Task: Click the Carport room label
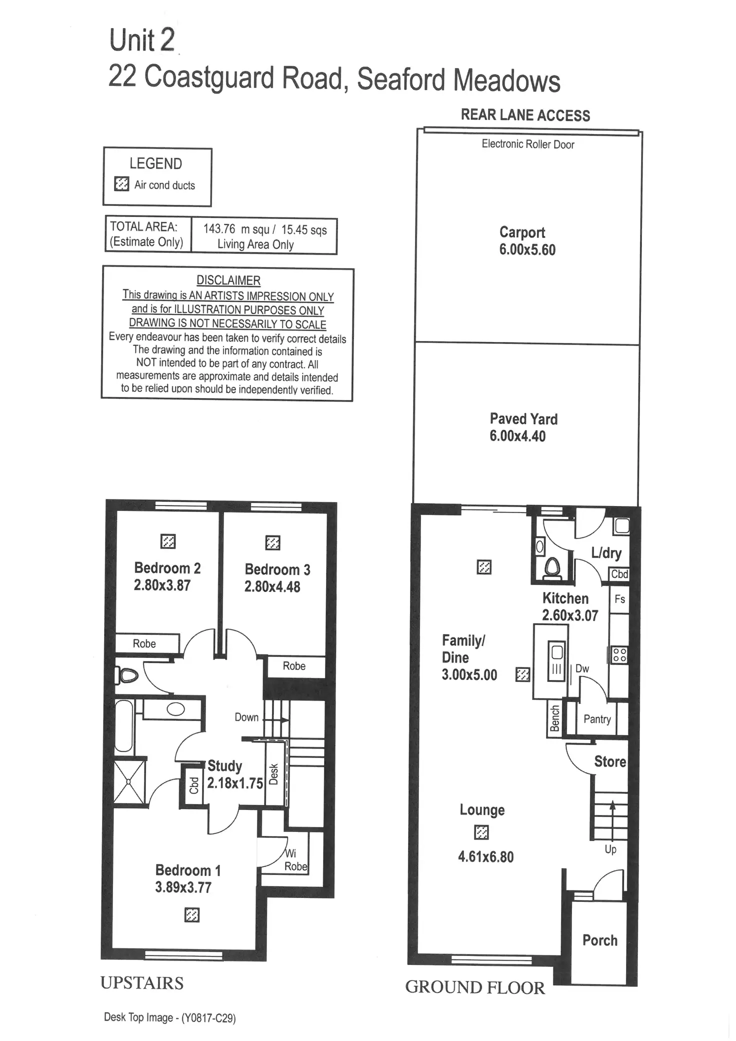pos(522,232)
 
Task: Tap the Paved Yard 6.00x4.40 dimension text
pos(517,436)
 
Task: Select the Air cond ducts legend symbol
pos(121,184)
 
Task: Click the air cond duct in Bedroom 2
pos(168,541)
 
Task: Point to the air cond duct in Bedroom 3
pos(272,542)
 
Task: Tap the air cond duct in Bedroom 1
pos(192,915)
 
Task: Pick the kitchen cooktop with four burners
pos(620,654)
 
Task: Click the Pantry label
pos(597,719)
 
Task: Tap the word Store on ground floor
pos(610,761)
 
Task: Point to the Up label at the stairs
pos(610,849)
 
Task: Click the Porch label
pos(600,940)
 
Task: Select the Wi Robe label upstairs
pos(295,860)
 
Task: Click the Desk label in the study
pos(273,774)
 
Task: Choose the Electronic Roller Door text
pos(528,144)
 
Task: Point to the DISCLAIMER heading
pos(228,280)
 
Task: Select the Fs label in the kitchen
pos(619,598)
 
